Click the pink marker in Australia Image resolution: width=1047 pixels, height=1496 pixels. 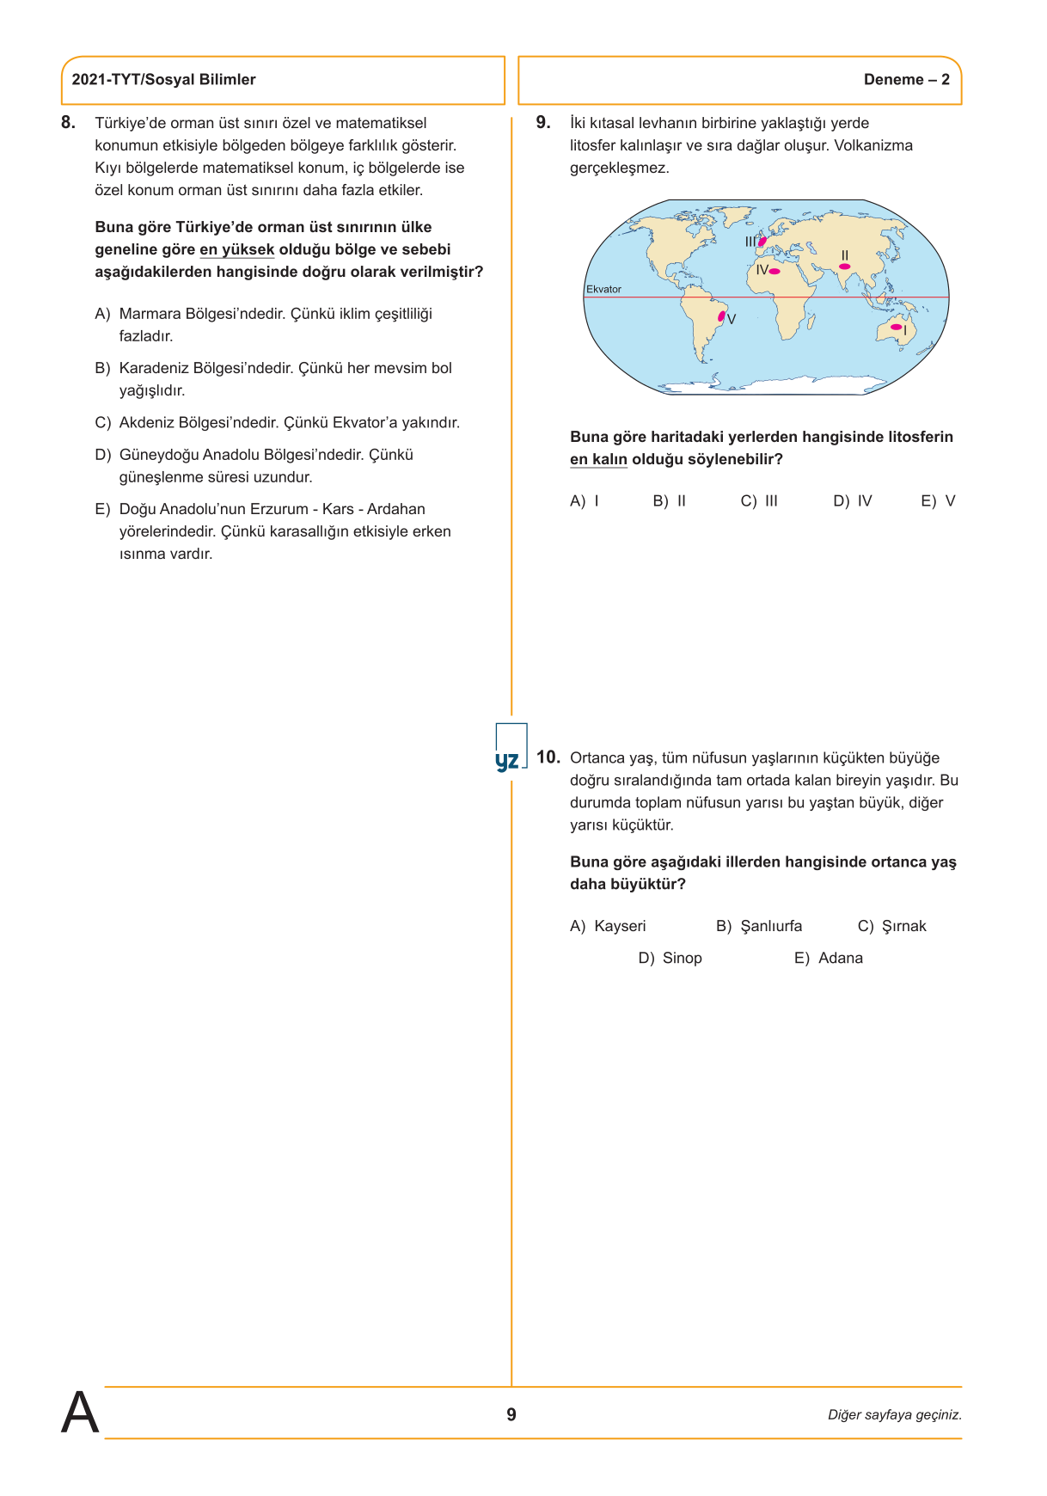897,327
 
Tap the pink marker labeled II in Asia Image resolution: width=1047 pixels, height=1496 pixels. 844,267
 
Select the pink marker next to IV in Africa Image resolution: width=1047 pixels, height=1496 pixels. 775,272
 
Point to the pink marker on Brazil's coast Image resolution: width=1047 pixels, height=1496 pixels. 721,316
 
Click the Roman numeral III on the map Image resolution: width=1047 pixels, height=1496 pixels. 750,242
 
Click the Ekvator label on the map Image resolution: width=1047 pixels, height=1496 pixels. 603,289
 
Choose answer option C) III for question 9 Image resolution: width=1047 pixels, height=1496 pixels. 759,501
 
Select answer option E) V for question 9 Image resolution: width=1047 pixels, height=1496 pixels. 938,501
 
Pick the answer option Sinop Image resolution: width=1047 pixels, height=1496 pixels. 670,958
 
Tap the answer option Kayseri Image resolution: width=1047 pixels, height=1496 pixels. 608,926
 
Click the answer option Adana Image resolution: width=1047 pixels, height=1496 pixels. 829,958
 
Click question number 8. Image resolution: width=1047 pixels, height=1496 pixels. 68,123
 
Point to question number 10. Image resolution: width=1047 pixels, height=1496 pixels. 548,757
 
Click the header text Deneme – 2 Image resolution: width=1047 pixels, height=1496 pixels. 906,80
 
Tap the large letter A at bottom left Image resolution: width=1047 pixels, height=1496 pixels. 79,1413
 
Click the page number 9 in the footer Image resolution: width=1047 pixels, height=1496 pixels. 511,1414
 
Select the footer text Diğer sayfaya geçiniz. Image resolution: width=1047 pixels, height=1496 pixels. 894,1414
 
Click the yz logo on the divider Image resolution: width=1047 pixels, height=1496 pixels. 507,760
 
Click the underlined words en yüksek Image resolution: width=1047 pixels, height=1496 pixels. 236,250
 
